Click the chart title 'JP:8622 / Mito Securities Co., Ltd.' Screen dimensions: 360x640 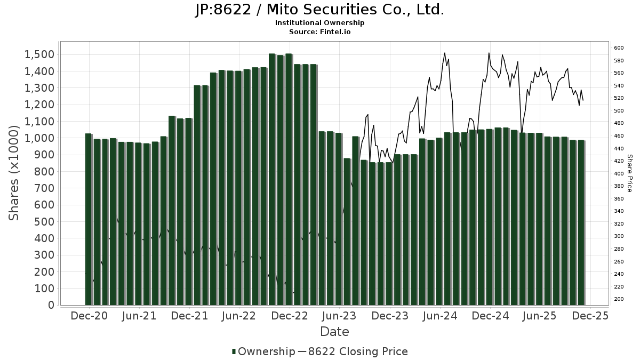[x=319, y=10]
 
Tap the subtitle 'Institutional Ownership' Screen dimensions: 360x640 [x=319, y=23]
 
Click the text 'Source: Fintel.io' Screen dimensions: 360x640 [x=319, y=32]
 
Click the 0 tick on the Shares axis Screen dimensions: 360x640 [x=51, y=305]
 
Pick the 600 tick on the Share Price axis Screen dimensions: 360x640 [x=619, y=48]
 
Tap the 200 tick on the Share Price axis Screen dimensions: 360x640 [x=619, y=299]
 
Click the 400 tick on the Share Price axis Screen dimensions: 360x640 [x=619, y=174]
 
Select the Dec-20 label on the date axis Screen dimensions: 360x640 [x=89, y=316]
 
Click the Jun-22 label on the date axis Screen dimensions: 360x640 [x=239, y=316]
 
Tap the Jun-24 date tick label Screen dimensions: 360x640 [x=440, y=316]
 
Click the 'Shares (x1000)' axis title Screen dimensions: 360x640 [x=14, y=173]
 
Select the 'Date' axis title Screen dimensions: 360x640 [x=334, y=332]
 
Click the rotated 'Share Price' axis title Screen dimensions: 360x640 [x=629, y=173]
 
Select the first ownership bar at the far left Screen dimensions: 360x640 [x=89, y=219]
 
